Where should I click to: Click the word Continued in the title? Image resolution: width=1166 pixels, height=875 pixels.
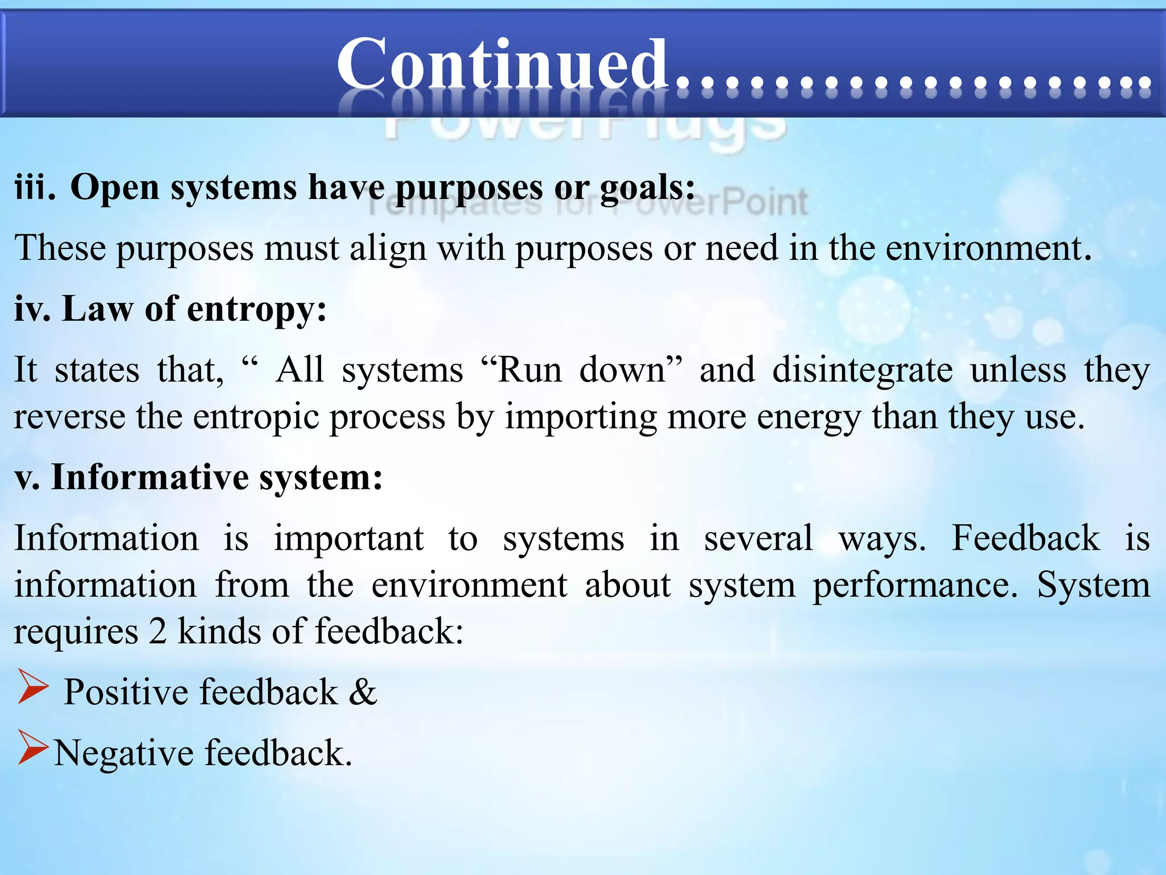[501, 64]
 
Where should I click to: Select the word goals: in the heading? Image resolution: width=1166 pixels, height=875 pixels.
[647, 188]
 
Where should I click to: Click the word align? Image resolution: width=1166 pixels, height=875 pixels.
[387, 248]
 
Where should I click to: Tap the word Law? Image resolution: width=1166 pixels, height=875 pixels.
[97, 309]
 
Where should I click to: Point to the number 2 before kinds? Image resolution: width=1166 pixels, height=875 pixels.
[158, 632]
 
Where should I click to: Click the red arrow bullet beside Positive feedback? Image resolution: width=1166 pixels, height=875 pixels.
[33, 686]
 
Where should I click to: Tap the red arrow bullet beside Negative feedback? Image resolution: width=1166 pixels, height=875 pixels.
[33, 747]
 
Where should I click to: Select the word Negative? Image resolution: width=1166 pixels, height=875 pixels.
[124, 753]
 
